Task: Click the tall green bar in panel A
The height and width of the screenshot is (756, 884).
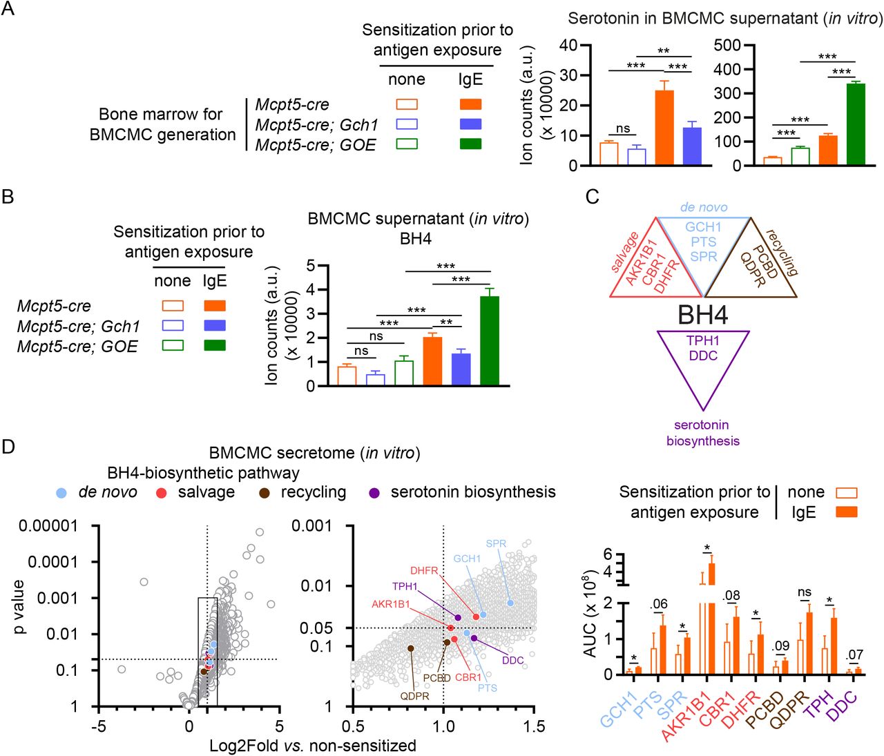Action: coord(856,124)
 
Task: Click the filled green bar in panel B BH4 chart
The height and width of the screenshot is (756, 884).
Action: coord(489,340)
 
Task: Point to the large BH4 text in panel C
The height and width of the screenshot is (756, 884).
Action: coord(702,315)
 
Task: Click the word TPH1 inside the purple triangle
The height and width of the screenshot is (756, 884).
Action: coord(702,340)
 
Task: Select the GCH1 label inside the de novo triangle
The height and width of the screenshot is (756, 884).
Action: coord(703,227)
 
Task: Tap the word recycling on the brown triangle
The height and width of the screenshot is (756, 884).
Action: coord(781,253)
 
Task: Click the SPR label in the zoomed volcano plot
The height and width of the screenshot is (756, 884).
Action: coord(496,543)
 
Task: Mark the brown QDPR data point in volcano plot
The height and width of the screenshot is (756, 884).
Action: coord(411,648)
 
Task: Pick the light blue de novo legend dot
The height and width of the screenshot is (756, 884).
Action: coord(62,493)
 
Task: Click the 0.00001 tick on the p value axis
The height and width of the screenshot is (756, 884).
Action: coord(48,526)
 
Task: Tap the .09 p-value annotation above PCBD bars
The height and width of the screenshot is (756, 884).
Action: coord(780,646)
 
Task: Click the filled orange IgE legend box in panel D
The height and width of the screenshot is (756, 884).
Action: coord(846,512)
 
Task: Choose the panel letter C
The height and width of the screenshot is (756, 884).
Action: coord(592,197)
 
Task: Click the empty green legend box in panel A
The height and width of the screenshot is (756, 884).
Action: coord(407,144)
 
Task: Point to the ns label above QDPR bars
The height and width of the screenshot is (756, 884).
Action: coord(804,592)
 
